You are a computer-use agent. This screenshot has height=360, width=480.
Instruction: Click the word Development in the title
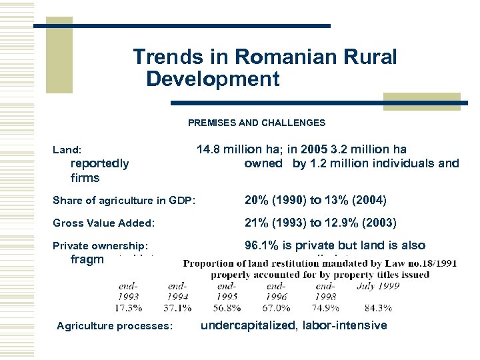click(x=213, y=79)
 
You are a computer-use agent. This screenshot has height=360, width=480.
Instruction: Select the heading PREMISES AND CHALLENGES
click(x=257, y=123)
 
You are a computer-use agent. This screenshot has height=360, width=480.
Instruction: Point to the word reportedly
click(x=99, y=163)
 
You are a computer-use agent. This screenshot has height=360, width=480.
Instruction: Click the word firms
click(x=85, y=178)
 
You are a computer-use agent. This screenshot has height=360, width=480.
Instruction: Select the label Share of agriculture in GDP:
click(x=124, y=201)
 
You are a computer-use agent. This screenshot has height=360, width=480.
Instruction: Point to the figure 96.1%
click(x=259, y=245)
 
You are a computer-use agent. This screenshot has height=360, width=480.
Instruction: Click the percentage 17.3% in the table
click(x=128, y=308)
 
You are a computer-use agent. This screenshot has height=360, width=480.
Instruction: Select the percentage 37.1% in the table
click(x=177, y=308)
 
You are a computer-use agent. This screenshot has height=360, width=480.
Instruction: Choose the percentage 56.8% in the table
click(x=227, y=308)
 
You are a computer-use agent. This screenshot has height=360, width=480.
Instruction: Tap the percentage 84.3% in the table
click(x=377, y=308)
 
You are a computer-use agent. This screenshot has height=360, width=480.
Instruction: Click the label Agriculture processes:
click(x=115, y=326)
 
